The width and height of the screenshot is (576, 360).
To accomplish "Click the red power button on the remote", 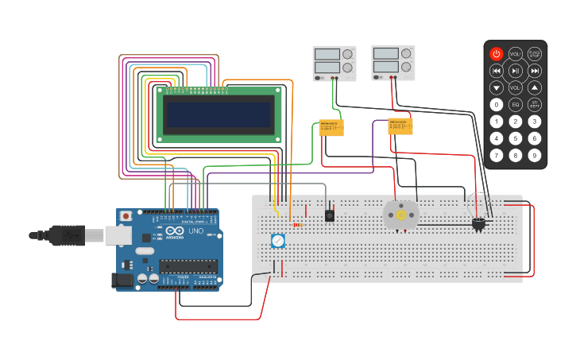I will click(x=497, y=54).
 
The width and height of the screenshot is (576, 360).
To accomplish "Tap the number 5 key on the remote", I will click(x=516, y=138).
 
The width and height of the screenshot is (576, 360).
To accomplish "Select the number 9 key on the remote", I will click(x=535, y=155).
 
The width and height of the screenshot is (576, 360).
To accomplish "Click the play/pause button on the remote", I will click(x=516, y=71).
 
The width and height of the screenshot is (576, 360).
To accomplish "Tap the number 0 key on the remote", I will click(x=497, y=104).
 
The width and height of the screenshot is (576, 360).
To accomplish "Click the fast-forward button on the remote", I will click(x=535, y=71).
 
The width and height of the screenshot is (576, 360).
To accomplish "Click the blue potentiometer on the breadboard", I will click(x=277, y=240).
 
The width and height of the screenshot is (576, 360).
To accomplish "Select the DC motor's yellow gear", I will click(x=401, y=215).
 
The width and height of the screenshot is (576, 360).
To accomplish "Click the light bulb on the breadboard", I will click(x=478, y=223).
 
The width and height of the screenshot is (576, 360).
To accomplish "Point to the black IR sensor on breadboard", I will click(x=330, y=215).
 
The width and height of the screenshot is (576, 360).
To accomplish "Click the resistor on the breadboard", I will click(x=297, y=225).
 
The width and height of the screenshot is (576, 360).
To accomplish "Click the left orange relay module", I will click(x=331, y=127).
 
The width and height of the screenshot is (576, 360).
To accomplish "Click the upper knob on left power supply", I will click(x=348, y=54).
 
